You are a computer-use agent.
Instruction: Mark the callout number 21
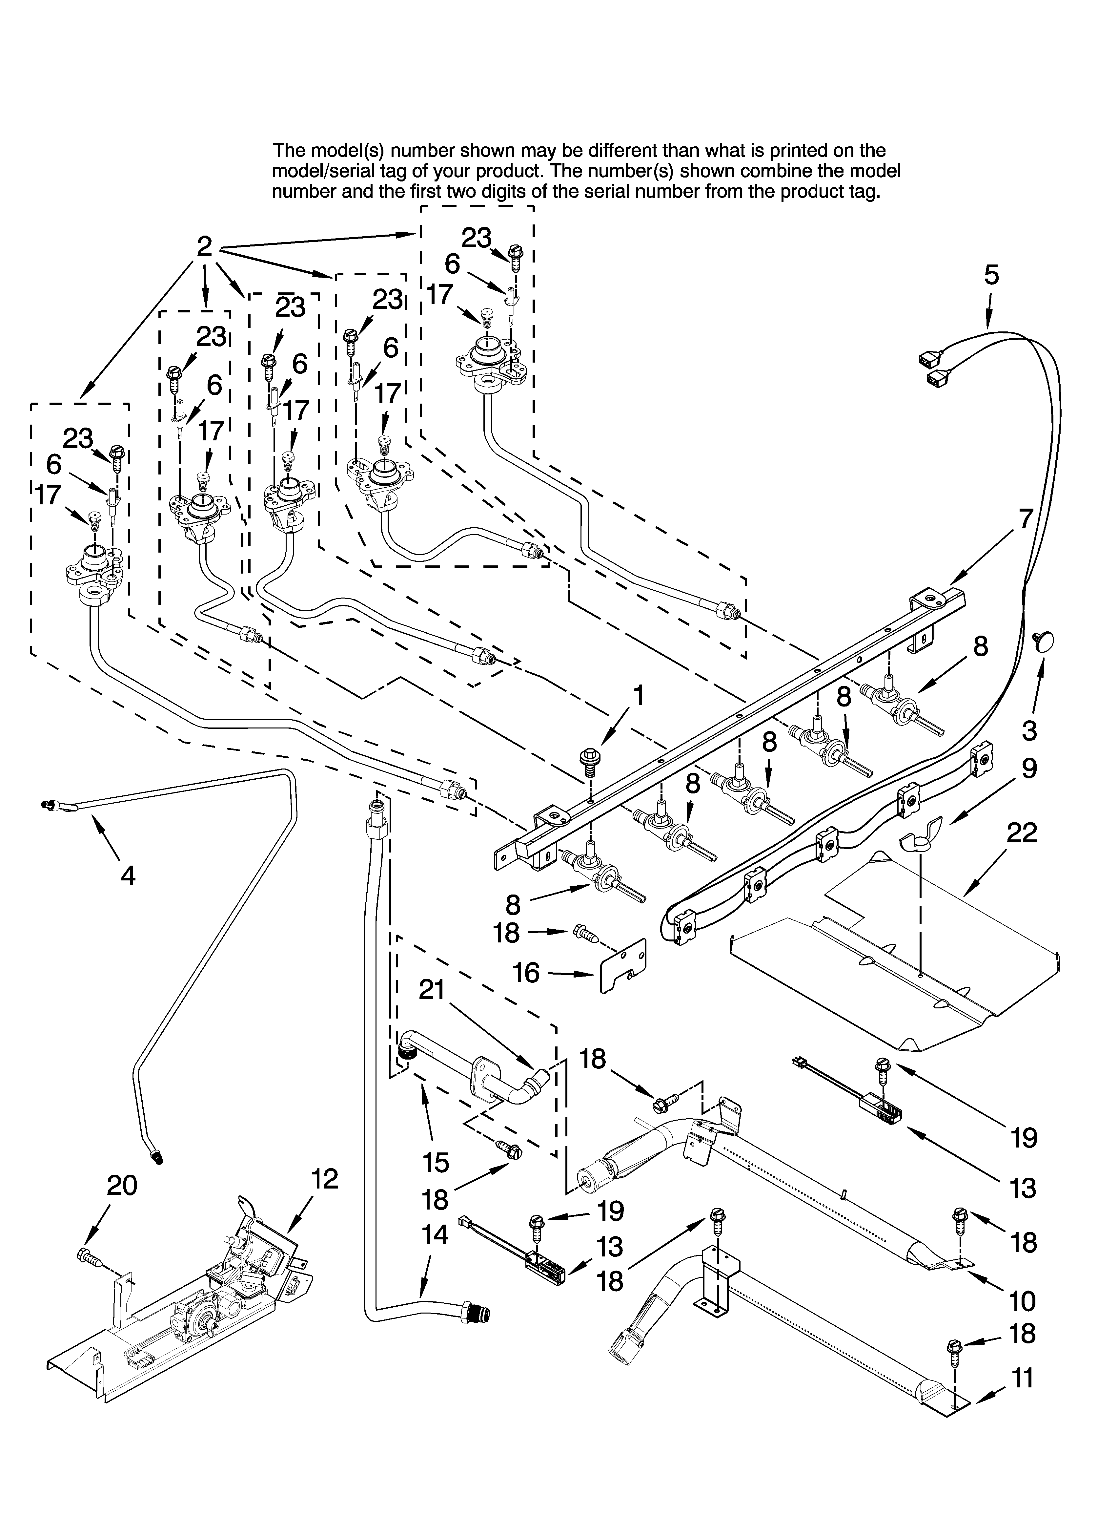point(431,989)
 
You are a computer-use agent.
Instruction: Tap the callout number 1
point(639,696)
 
